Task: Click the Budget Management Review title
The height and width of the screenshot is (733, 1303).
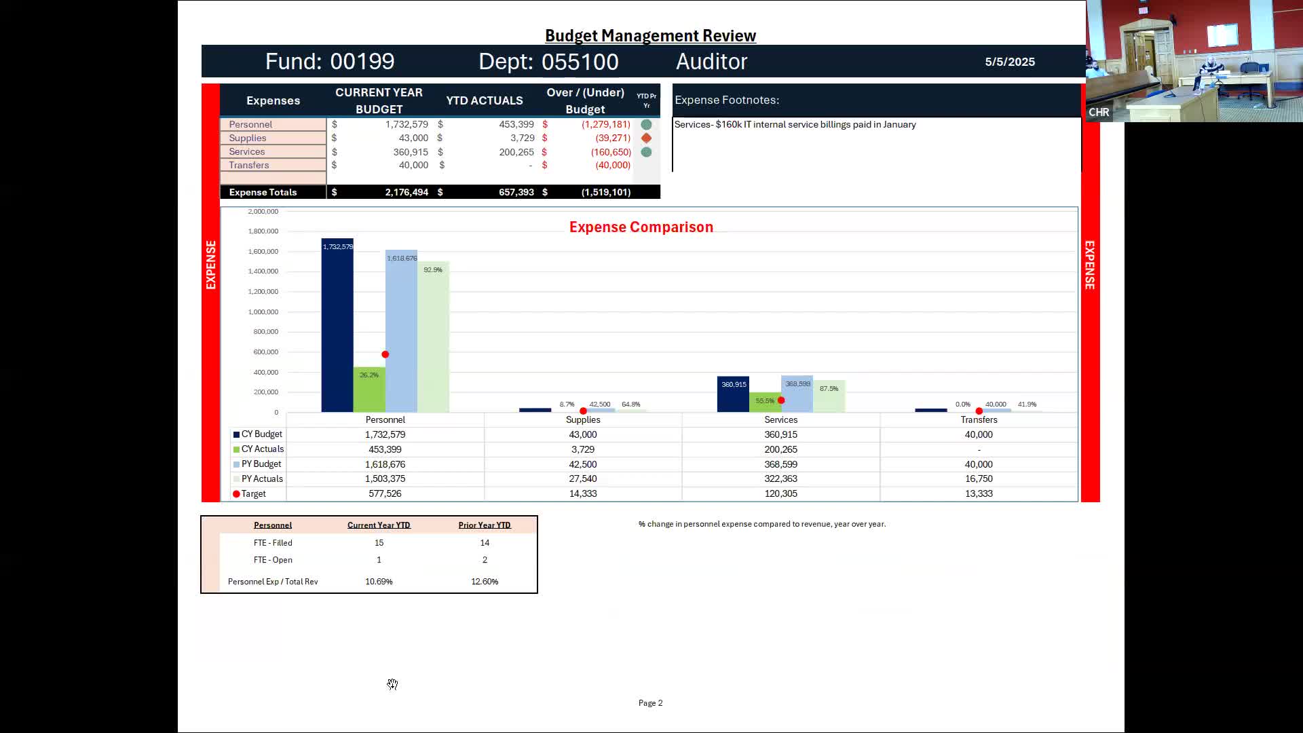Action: [x=650, y=36]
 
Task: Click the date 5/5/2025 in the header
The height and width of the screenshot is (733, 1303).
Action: [x=1010, y=62]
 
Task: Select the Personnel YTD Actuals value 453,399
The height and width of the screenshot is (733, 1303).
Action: [x=516, y=125]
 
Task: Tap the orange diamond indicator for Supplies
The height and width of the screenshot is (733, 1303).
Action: [x=646, y=138]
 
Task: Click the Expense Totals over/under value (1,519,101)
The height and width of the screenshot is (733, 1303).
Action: [x=605, y=193]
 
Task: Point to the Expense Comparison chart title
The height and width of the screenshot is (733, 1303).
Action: [x=641, y=227]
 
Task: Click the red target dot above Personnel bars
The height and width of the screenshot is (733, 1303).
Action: [x=385, y=354]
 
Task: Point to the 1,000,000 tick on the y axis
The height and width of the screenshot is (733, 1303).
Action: [x=263, y=312]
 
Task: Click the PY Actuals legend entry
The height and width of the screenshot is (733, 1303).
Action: [x=261, y=479]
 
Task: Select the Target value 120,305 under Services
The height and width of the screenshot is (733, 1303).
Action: [x=780, y=494]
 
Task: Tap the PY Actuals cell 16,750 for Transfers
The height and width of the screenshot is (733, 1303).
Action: [x=979, y=479]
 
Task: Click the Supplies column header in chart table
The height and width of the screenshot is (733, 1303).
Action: [x=583, y=420]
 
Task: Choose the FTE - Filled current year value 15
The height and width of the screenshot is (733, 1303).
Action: [x=379, y=543]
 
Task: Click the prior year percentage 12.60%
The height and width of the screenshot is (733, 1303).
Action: [x=485, y=582]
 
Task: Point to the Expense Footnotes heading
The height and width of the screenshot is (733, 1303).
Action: [x=727, y=100]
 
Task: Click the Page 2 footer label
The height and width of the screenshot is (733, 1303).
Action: [x=650, y=703]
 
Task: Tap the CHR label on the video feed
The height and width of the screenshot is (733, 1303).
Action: [x=1099, y=113]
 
